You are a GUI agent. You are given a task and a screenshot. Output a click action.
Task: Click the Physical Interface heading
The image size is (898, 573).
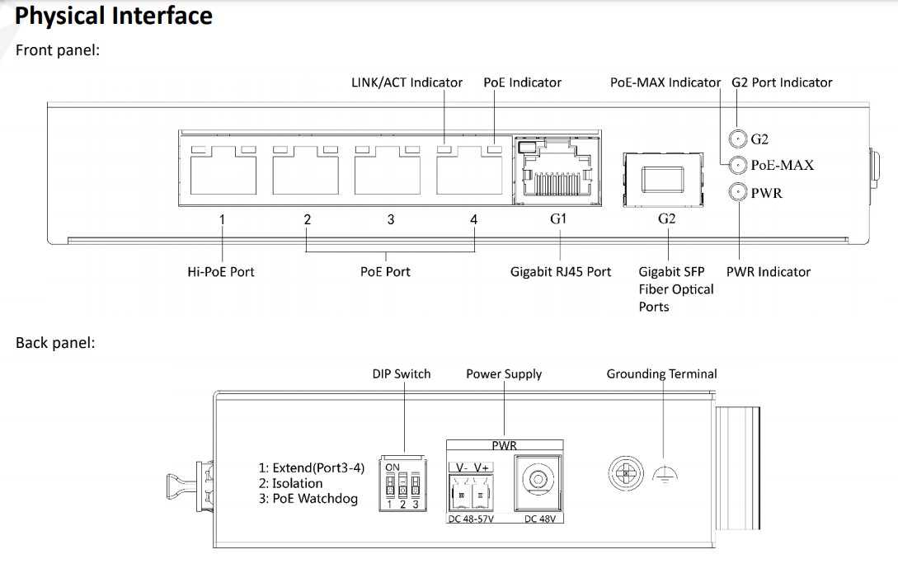[x=114, y=16]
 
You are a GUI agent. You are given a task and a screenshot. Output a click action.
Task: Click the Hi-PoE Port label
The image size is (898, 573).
[x=221, y=271]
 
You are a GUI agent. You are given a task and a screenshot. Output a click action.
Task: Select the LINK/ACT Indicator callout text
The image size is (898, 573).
[x=407, y=82]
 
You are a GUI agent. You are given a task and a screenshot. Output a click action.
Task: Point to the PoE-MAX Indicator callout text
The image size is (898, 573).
[x=665, y=82]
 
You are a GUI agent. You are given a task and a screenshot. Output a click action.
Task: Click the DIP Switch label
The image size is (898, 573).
[x=401, y=373]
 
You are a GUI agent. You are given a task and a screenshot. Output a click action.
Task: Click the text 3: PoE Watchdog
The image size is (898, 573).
[x=308, y=498]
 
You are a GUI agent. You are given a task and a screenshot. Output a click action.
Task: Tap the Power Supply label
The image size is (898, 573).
[x=504, y=373]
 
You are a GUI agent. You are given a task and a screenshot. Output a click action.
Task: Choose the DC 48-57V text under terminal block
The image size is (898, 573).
[x=471, y=519]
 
